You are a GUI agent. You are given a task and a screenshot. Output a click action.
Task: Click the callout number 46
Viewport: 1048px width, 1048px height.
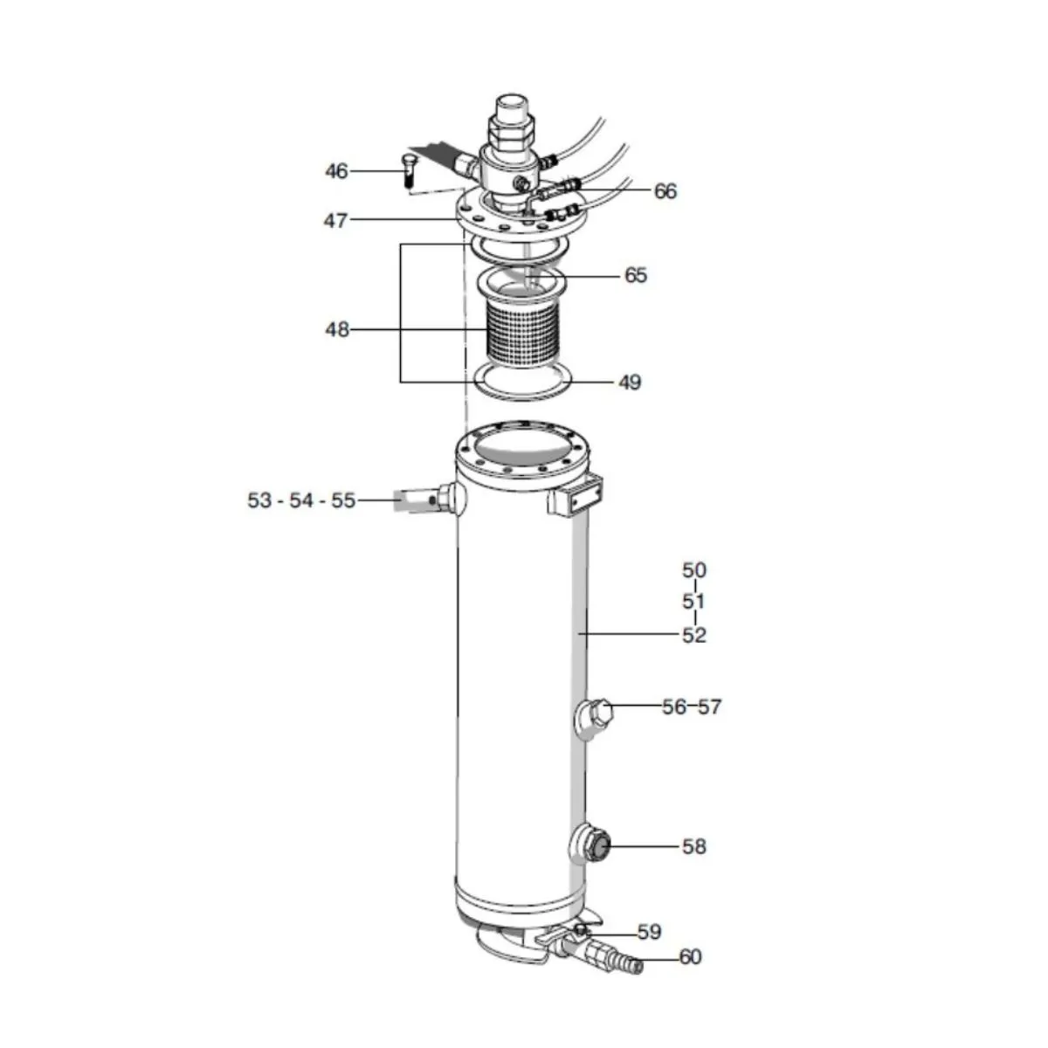tap(336, 171)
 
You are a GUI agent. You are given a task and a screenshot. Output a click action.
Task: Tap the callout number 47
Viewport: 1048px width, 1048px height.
tap(335, 221)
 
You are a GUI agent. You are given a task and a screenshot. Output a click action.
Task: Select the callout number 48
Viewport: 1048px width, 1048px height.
tap(336, 329)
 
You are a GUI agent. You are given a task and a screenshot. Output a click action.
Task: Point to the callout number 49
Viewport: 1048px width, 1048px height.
tap(630, 383)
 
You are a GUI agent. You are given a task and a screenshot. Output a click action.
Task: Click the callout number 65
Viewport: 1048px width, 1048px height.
tap(636, 276)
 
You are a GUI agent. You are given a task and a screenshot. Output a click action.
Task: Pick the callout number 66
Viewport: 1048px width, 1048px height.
tap(665, 191)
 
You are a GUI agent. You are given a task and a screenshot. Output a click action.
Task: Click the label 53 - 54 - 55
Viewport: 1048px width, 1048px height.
tap(301, 500)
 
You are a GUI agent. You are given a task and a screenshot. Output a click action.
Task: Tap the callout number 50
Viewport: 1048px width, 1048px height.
tap(694, 570)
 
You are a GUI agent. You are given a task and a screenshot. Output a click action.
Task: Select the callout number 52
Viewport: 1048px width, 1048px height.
tap(694, 635)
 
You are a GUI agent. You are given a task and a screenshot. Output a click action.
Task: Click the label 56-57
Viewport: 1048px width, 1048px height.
tap(692, 707)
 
